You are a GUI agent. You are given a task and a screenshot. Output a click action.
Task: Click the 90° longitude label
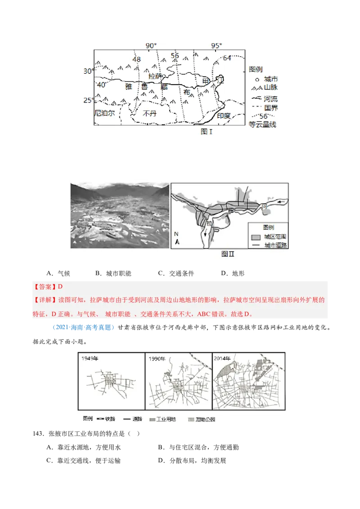151,46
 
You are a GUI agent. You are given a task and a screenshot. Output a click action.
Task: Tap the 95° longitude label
217,46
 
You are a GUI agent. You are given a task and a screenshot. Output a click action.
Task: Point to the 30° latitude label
88,71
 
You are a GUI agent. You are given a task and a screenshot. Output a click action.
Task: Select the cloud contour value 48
136,59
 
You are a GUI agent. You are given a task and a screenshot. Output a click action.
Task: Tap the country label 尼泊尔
104,113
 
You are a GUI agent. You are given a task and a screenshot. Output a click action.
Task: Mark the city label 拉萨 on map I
155,77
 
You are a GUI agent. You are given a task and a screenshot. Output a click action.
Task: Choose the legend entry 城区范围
275,237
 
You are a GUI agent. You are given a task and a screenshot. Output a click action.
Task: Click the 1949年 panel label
90,358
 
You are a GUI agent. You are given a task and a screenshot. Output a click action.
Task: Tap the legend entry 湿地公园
207,419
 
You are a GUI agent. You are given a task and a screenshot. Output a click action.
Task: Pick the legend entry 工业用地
166,419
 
